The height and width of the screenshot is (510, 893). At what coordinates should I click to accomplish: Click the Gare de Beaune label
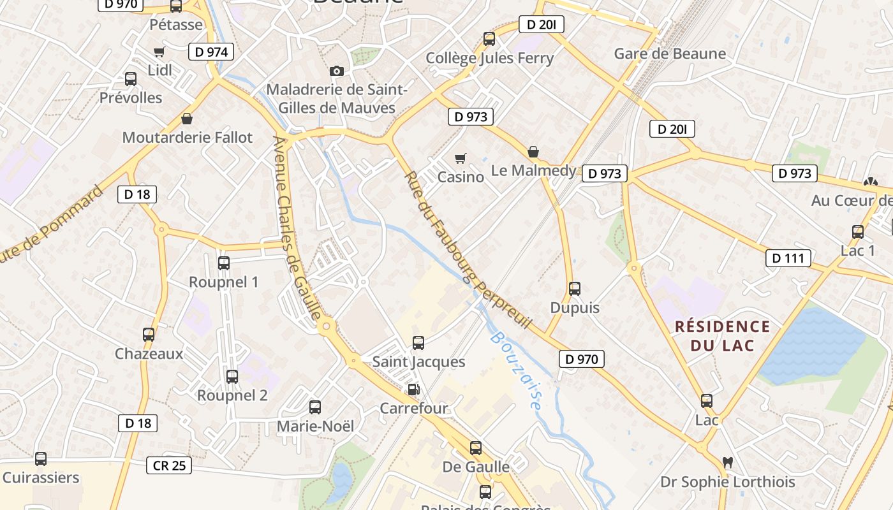coord(670,54)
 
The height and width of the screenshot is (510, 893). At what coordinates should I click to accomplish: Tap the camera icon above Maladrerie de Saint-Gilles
coord(337,71)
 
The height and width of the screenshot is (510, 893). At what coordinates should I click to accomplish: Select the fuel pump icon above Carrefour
coord(414,389)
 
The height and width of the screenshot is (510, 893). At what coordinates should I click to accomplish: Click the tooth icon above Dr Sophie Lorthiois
coord(727,462)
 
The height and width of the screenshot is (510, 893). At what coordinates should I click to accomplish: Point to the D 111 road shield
coord(788,258)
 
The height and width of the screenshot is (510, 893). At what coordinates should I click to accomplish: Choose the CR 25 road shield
coord(170,465)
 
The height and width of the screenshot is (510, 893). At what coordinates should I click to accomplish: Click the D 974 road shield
coord(211,52)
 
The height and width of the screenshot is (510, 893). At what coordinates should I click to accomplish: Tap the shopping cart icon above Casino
coord(460,158)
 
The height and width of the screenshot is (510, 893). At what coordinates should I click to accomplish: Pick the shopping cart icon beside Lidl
coord(159,52)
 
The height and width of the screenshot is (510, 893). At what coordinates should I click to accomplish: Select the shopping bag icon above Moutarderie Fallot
coord(187,119)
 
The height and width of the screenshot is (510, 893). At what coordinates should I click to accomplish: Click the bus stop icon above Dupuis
coord(575,289)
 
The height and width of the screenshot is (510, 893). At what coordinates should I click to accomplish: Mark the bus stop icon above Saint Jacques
coord(418,343)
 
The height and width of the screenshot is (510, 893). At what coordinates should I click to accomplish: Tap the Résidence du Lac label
coord(723,336)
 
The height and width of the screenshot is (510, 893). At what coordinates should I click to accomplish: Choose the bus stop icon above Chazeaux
coord(149,335)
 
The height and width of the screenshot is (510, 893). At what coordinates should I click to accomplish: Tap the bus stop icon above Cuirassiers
coord(41,458)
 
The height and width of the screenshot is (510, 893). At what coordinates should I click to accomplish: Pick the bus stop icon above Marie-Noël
coord(315,407)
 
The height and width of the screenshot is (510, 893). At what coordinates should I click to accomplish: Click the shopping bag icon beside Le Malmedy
coord(533,152)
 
